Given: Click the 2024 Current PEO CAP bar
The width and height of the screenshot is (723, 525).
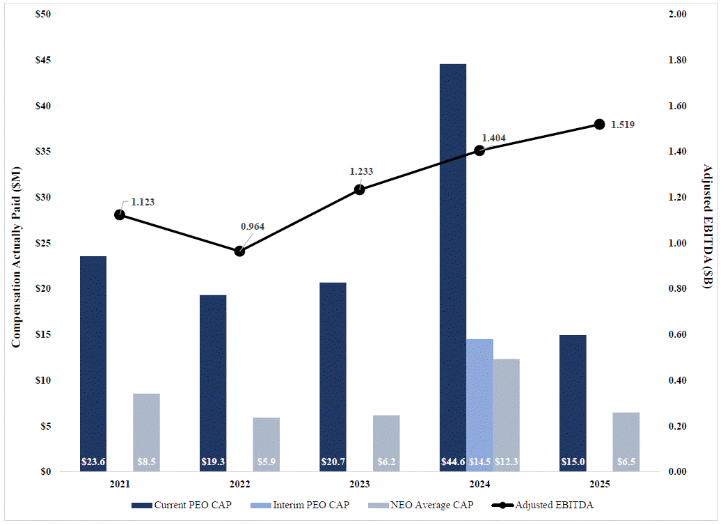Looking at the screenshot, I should pos(452,265).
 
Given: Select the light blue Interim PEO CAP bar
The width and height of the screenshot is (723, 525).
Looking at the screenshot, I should pos(479,404).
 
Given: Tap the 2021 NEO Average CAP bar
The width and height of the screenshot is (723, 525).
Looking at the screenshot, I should pos(146,432).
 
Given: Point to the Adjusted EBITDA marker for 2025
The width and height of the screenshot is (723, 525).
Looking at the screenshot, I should pos(599,125).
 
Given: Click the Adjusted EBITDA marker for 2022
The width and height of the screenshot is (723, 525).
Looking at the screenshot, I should pos(239,251).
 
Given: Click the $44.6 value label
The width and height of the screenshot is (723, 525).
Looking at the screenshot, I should pos(452,462).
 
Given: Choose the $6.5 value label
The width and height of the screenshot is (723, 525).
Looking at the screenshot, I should pos(626,462).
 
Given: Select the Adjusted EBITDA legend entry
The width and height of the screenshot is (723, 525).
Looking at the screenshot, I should pos(546,505).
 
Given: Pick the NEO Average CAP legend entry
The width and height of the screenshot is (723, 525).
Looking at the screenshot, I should pos(424,505).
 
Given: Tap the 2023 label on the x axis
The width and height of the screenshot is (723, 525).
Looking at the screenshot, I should pos(359,484).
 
